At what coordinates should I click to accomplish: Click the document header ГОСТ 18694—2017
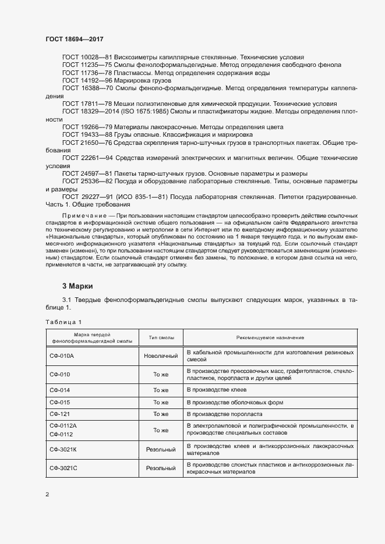(74, 39)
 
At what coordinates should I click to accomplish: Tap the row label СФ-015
(59, 401)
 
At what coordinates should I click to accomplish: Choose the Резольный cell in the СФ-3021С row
(160, 468)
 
